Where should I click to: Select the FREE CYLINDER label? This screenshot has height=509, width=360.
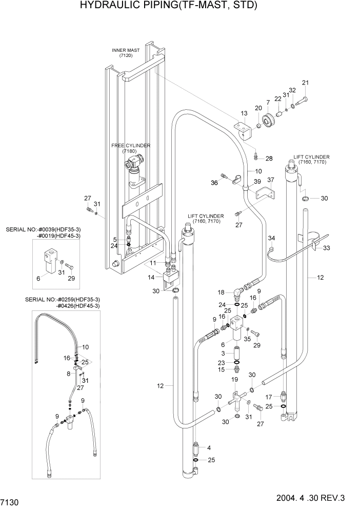click(x=131, y=146)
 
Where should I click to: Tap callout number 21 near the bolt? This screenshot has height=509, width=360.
click(x=306, y=83)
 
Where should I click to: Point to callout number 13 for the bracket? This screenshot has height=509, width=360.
click(x=244, y=113)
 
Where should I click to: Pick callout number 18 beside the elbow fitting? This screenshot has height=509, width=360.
click(x=221, y=292)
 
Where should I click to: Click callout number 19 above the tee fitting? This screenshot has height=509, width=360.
click(x=235, y=379)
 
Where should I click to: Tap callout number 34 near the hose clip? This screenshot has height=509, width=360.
click(x=272, y=238)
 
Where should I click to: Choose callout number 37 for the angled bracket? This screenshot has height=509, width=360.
click(x=271, y=180)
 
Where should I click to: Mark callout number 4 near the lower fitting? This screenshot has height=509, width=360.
click(x=209, y=448)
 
